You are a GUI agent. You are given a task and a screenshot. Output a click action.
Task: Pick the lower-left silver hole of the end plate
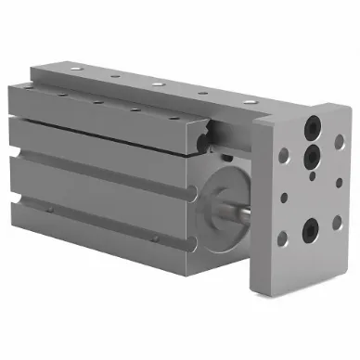pyautogui.click(x=281, y=238)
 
